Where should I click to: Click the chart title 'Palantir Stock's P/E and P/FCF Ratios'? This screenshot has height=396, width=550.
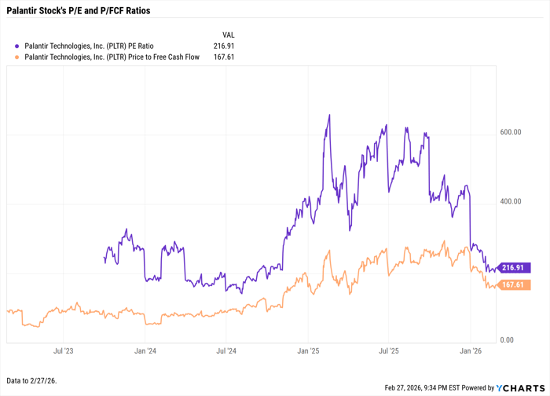pos(78,11)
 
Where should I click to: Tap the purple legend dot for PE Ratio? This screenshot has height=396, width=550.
pos(17,46)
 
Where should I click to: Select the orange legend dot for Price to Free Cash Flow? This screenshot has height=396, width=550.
pos(17,57)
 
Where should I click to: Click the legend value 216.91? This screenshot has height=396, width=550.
pos(224,46)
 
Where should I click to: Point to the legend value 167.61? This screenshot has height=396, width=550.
pos(224,57)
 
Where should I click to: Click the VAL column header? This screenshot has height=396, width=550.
pos(228,35)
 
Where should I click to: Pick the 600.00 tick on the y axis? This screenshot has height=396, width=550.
pos(511,133)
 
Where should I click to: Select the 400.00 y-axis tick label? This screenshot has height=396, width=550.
pos(511,202)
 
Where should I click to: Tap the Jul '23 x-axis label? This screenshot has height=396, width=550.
pos(64,352)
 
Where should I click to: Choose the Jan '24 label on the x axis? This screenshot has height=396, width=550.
pos(145,352)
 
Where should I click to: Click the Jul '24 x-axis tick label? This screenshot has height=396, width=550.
pos(226,352)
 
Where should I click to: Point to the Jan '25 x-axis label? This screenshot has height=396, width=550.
pos(309,352)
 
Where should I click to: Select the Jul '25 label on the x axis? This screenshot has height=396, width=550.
pos(389,352)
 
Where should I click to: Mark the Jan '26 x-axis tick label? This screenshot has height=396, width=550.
pos(471,352)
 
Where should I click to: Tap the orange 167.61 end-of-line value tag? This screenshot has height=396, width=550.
pos(514,284)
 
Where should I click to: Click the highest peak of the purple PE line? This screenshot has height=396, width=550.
pos(329,115)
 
